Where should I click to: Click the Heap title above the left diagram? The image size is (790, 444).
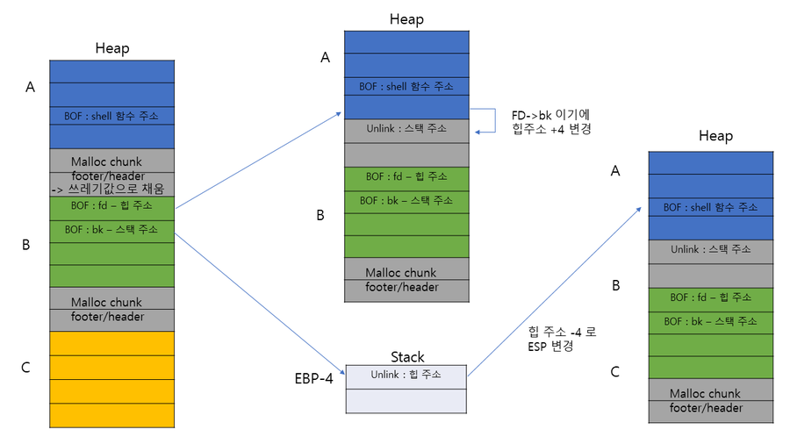(x=111, y=48)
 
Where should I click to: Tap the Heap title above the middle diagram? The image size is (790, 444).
(x=406, y=19)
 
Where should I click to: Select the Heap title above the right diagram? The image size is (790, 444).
(x=715, y=136)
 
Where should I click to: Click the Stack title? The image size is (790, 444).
(x=406, y=357)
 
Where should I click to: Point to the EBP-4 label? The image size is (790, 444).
(x=314, y=380)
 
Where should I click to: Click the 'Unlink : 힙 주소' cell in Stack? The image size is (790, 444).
(x=406, y=376)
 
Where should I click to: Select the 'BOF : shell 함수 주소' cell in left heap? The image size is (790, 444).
(x=111, y=116)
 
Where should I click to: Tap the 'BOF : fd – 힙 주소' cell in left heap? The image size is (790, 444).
(x=111, y=208)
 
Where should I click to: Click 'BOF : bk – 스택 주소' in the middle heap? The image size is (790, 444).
(x=406, y=200)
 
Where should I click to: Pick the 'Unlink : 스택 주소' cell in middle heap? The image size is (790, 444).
(x=406, y=129)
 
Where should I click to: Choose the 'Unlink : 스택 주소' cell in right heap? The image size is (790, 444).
(x=711, y=250)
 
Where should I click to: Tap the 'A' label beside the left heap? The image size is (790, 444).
(x=31, y=87)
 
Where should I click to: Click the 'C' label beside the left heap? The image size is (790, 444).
(x=25, y=368)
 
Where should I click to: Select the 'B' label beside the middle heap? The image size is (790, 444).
(x=320, y=214)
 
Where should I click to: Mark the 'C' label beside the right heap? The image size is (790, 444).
(x=614, y=372)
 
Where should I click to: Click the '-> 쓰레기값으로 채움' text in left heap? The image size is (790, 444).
(x=111, y=189)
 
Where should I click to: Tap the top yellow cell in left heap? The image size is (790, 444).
(x=111, y=343)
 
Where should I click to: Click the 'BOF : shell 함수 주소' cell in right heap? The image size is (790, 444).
(x=711, y=208)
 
